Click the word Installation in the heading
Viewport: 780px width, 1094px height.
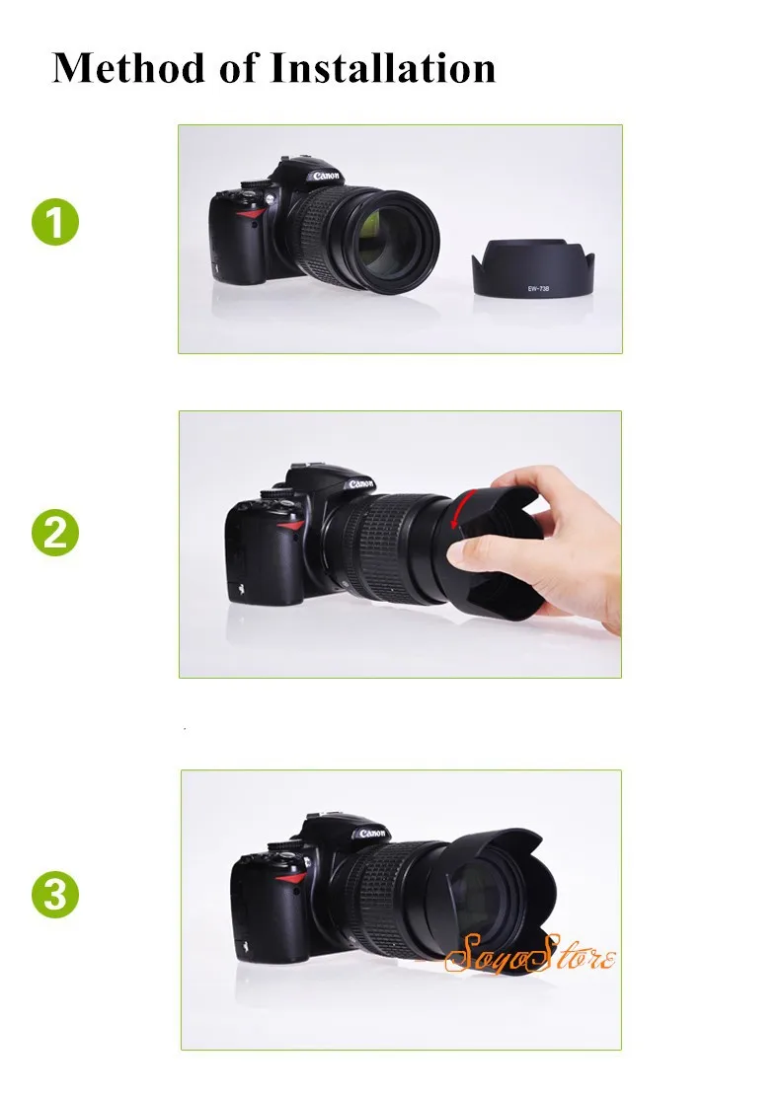383,67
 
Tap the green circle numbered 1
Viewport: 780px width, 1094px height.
54,222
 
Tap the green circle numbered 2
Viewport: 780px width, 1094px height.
54,533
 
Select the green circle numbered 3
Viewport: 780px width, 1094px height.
54,896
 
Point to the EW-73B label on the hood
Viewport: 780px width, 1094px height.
539,288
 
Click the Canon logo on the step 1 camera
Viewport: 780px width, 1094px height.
326,176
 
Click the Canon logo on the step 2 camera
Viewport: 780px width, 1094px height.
361,484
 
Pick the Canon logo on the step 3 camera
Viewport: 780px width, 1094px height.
372,834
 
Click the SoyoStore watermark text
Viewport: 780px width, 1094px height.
533,956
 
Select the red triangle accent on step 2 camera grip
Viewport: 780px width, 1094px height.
288,528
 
